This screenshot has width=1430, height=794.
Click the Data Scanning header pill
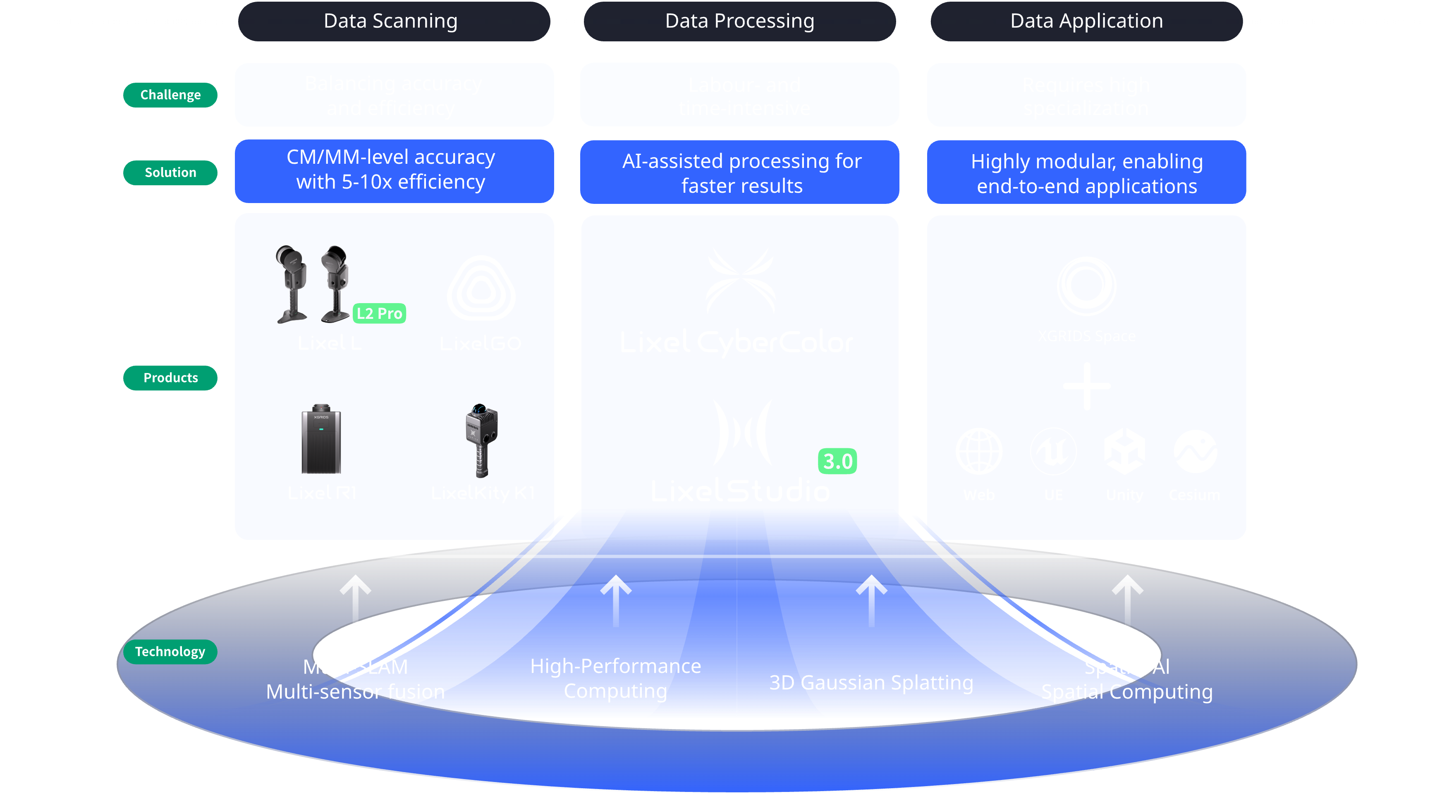tap(394, 21)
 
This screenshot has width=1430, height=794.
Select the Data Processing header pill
tap(739, 21)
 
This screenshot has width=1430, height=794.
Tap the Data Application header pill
tap(1086, 21)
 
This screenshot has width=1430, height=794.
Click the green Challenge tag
tap(170, 95)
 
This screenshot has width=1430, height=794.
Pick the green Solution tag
tap(170, 173)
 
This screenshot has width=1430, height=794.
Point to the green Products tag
tap(170, 378)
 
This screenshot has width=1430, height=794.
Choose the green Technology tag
tap(170, 651)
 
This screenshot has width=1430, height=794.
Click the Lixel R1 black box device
tap(321, 440)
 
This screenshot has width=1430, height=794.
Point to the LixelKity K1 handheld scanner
tap(481, 440)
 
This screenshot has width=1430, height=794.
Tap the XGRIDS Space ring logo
tap(1086, 286)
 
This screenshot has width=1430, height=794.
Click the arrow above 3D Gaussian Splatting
tap(871, 600)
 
